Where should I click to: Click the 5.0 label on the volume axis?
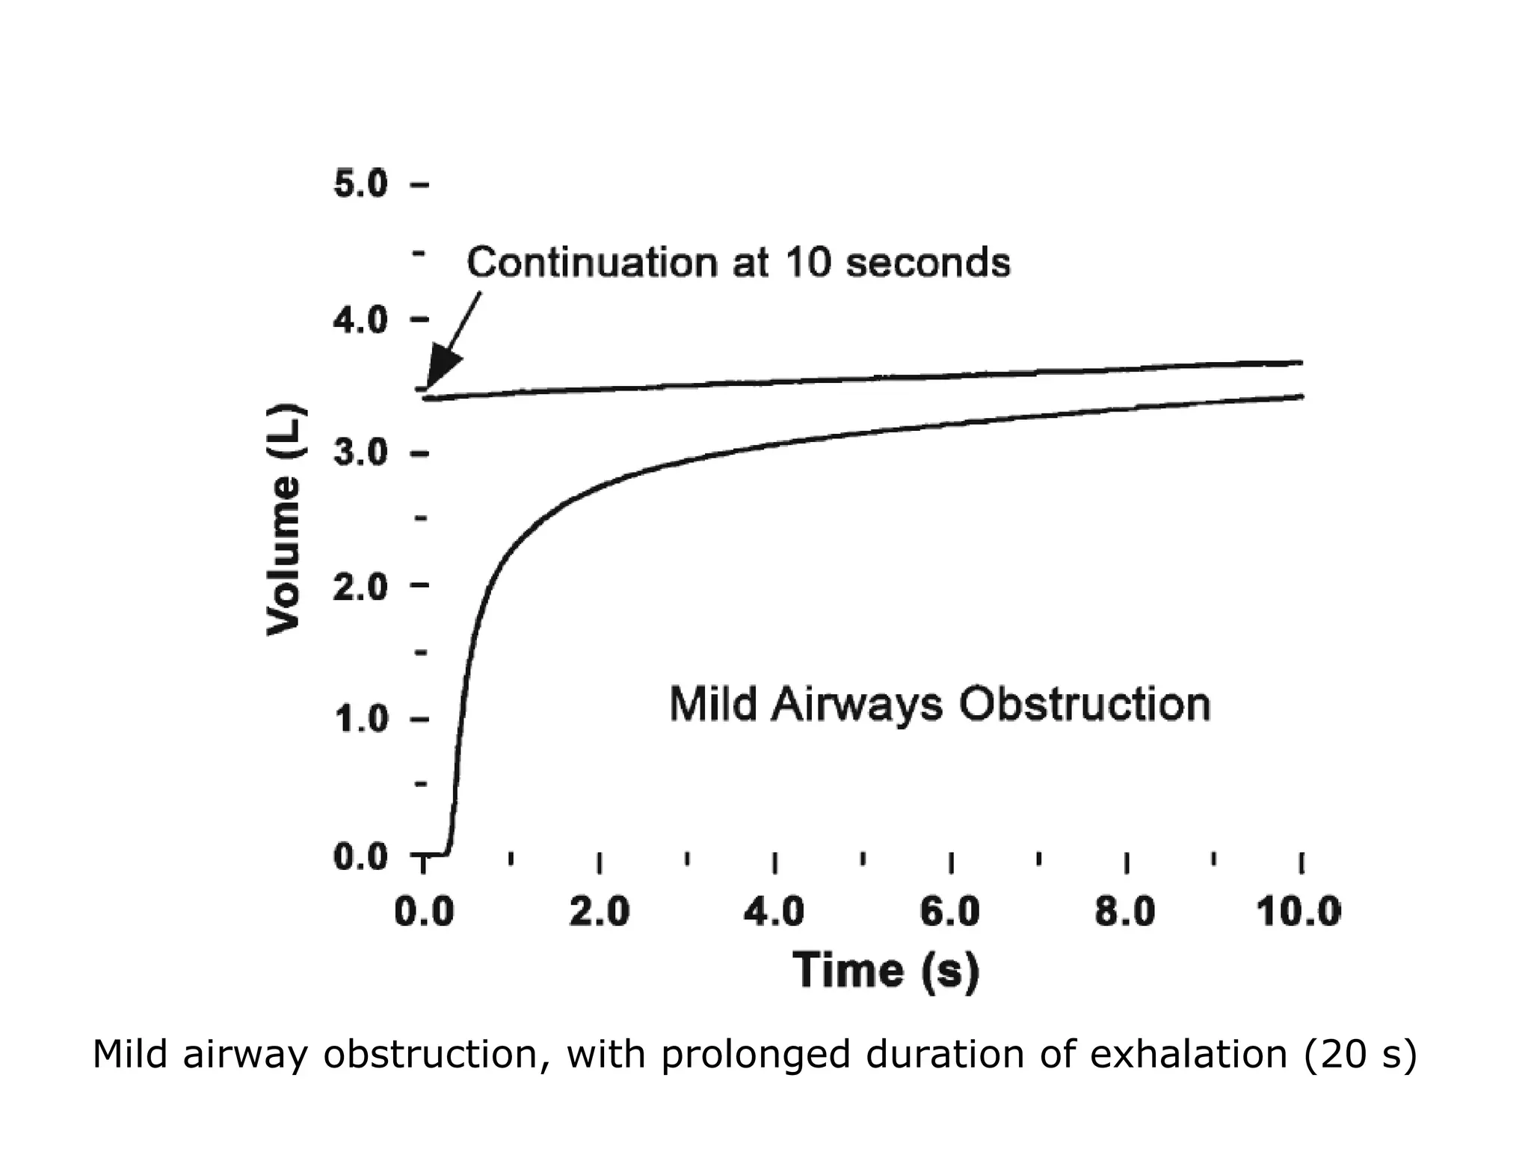coord(360,184)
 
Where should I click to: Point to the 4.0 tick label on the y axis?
coord(360,320)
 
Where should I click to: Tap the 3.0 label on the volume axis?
coord(360,453)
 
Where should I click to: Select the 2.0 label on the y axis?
coord(360,588)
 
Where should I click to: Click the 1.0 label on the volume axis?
coord(360,720)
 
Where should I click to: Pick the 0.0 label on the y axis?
coord(360,857)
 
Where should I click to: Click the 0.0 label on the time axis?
coord(424,913)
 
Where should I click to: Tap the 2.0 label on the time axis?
coord(599,913)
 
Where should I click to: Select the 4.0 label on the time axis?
coord(774,913)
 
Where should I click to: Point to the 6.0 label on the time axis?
coord(949,913)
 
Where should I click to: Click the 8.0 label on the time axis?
coord(1125,913)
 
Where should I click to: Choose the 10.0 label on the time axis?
coord(1299,913)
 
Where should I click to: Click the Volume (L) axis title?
coord(285,521)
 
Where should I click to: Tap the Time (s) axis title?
coord(885,971)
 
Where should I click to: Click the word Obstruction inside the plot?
coord(1084,705)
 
